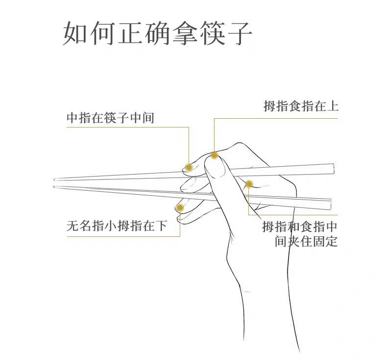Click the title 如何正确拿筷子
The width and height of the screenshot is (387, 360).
point(157,33)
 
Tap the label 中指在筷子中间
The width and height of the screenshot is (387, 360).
point(110,118)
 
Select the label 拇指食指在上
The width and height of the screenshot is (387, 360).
point(301,106)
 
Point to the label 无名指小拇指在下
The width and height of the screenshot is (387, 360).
point(117,226)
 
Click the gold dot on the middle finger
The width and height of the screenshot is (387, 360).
point(189,167)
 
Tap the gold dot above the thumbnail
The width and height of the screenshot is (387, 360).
point(214,155)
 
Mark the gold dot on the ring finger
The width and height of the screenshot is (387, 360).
point(180,208)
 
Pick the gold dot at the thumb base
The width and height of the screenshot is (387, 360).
point(249,184)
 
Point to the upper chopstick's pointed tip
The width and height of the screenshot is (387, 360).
point(55,179)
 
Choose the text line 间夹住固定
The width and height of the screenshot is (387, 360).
point(306,242)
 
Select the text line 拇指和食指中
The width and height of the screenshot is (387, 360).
point(300,227)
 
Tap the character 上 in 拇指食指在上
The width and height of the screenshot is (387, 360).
point(333,106)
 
